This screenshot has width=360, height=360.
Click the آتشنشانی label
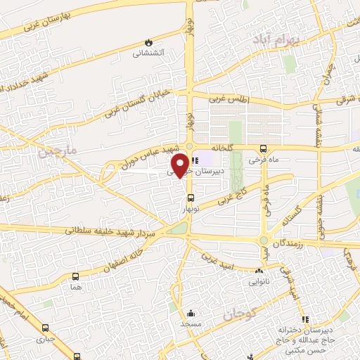[149, 53]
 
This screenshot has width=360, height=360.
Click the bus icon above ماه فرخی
[263, 148]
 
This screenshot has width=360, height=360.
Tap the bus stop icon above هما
[75, 276]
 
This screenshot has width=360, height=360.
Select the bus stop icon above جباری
[46, 328]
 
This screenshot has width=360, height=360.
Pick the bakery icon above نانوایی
[259, 270]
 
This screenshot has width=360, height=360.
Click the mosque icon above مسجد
[191, 314]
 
